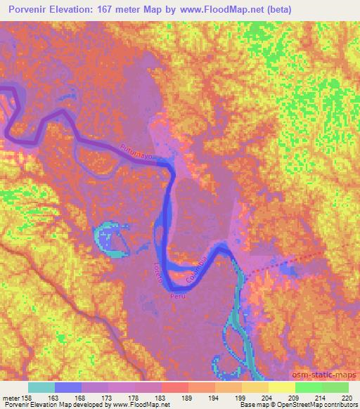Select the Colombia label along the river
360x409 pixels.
pos(197,270)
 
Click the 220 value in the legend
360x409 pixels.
pos(345,397)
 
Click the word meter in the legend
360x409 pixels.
pos(11,397)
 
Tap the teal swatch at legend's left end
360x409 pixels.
pos(41,387)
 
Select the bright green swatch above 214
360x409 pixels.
pos(308,387)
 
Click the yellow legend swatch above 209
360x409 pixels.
pos(281,387)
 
